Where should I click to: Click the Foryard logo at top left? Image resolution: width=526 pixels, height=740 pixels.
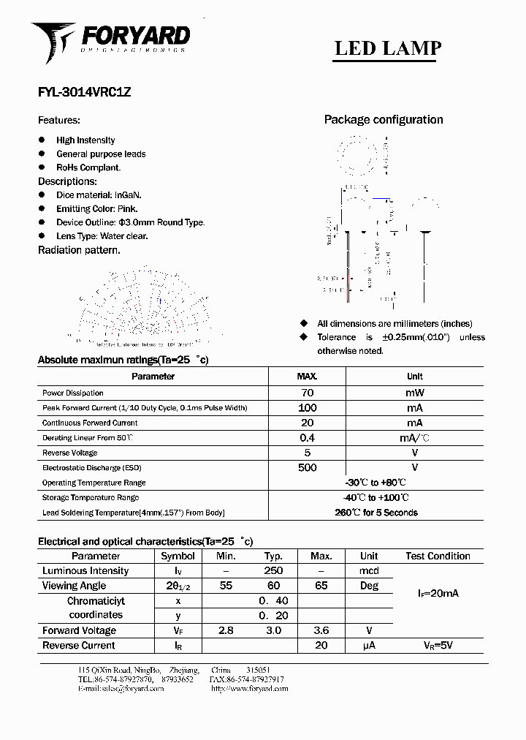110,40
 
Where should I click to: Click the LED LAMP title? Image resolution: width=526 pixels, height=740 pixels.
387,48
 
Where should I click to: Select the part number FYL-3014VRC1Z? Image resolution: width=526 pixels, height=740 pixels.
84,93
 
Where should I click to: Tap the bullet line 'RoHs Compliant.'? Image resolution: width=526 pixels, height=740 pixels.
88,167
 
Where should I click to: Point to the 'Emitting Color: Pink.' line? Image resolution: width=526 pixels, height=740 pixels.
96,209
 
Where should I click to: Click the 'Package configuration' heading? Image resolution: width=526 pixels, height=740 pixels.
384,120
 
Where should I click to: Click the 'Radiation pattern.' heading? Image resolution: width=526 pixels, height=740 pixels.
79,250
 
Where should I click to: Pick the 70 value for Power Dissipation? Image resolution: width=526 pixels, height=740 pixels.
307,393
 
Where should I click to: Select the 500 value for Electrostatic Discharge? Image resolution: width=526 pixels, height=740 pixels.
307,467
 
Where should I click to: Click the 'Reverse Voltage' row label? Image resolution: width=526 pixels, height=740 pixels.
70,453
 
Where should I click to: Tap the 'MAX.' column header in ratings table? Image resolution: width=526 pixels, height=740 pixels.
307,377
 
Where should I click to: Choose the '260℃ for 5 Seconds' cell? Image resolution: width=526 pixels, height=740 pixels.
376,513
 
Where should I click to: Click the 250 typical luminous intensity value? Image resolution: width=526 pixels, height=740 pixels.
273,571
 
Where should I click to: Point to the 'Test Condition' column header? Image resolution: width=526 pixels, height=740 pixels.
438,556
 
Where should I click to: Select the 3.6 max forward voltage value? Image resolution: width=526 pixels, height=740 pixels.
321,630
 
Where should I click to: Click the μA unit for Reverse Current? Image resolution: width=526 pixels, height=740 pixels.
369,646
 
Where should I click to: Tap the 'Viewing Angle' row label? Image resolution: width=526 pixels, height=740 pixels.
74,586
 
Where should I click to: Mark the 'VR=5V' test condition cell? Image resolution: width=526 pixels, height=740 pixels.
438,646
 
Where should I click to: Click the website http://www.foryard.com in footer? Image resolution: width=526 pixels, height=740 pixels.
248,689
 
